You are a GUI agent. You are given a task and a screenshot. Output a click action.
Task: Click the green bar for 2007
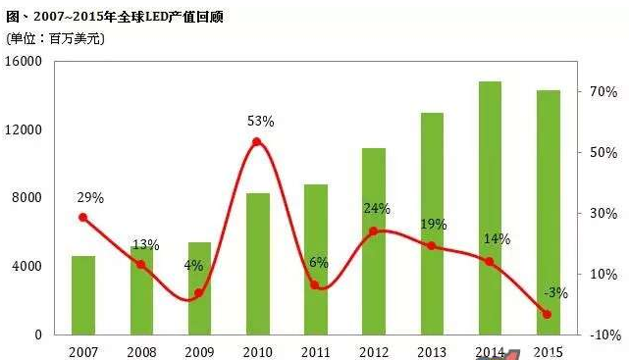[83, 294]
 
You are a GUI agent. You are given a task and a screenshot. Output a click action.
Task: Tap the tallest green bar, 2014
[490, 207]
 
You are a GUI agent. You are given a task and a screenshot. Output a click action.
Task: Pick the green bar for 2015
[548, 212]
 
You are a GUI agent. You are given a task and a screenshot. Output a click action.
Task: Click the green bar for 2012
[374, 240]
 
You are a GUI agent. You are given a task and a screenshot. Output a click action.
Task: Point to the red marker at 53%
[257, 142]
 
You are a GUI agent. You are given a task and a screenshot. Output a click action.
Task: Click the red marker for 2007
[83, 218]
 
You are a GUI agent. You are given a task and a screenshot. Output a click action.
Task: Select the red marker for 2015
[548, 314]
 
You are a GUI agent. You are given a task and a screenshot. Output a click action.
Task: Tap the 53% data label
[260, 122]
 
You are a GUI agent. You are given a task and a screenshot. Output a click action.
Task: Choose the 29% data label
[89, 197]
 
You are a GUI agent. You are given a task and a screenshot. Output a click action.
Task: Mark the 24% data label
[377, 209]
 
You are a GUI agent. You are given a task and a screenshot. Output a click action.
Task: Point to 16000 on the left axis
[25, 61]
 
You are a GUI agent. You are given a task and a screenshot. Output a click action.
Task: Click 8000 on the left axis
[27, 197]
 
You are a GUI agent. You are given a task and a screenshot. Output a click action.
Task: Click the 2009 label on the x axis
[199, 350]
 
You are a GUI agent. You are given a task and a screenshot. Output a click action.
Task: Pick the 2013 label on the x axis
[432, 350]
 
